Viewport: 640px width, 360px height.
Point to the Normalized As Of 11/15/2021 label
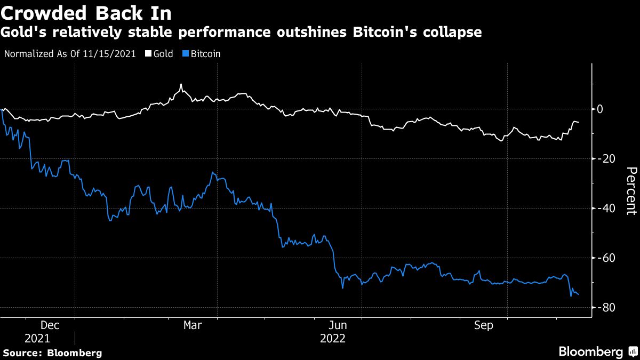coord(69,54)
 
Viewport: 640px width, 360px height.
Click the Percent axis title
coord(631,190)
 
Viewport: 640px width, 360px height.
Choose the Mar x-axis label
coord(193,325)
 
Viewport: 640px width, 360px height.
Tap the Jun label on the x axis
coord(338,325)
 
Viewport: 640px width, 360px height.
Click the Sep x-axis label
coord(483,325)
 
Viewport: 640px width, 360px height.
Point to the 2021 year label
coord(37,339)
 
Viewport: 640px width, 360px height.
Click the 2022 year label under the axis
coord(333,339)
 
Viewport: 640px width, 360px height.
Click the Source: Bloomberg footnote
coord(52,353)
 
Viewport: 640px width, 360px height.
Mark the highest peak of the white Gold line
coord(181,84)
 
